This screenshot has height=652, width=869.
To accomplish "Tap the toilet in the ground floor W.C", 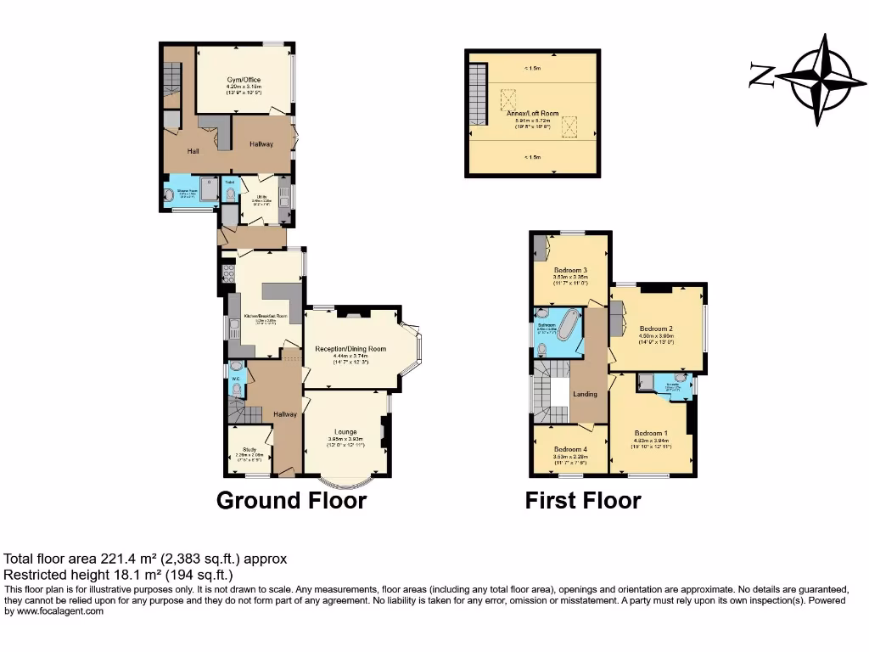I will coord(236,390).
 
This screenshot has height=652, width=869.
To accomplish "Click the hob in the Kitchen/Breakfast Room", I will coord(227,274).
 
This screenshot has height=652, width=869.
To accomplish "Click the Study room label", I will coord(249,450).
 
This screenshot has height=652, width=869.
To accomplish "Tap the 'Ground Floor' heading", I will coord(291,501).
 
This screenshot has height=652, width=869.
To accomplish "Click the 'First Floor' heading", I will coord(582,501).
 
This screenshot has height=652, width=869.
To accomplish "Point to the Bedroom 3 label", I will coord(570,271).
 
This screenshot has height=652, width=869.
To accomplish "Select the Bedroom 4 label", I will coord(570,449).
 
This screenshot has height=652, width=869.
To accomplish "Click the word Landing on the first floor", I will coord(585,394).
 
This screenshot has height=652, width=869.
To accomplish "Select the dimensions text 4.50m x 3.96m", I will coord(656,335).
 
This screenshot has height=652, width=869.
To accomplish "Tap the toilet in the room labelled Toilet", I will coord(230,194).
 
